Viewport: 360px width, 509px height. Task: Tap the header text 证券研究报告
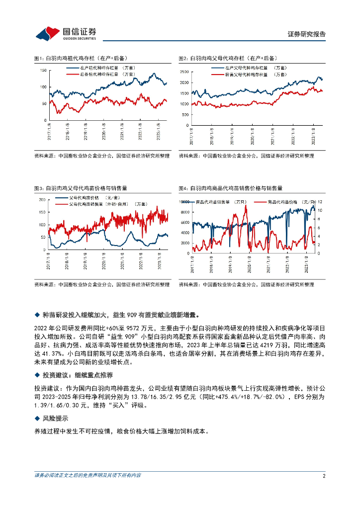307,34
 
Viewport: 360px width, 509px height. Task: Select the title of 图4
230,188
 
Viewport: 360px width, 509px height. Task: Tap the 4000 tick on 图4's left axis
185,232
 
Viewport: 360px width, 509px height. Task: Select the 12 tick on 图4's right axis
322,202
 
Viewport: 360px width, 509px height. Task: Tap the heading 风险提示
59,419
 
